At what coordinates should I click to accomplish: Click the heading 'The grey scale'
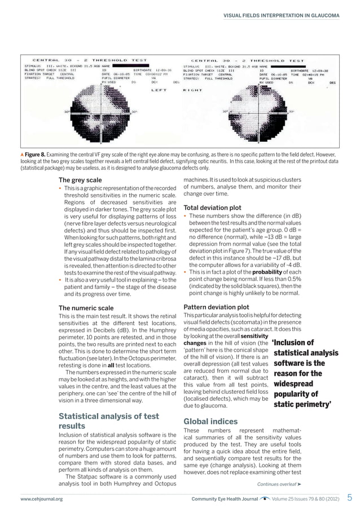coord(80,180)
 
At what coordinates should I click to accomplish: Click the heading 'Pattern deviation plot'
coord(218,307)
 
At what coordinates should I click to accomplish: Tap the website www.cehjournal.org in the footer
coord(41,499)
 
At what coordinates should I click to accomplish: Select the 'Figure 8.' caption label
coord(36,154)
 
